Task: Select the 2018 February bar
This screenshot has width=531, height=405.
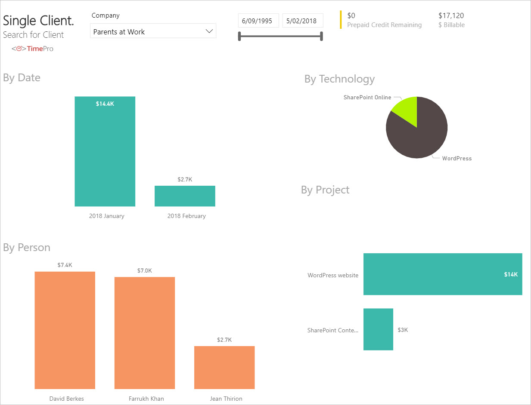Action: click(185, 196)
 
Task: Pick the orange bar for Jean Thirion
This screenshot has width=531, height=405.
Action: click(224, 368)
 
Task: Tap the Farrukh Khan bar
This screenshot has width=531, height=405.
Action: click(145, 333)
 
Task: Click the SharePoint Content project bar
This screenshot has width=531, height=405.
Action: click(378, 329)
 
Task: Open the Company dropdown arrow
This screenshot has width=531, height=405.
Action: click(209, 31)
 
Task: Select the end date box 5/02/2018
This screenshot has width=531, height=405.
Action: click(303, 21)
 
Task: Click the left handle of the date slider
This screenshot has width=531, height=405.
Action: click(239, 37)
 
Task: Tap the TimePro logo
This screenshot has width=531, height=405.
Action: click(33, 49)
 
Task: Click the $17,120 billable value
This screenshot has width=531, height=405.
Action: click(451, 15)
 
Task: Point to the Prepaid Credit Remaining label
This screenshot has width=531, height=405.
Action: click(384, 25)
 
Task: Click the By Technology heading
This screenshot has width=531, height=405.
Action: click(339, 79)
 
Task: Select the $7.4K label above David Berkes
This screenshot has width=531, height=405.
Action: click(65, 265)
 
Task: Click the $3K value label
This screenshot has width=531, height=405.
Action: click(403, 330)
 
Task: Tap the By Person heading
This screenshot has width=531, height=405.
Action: click(27, 248)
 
